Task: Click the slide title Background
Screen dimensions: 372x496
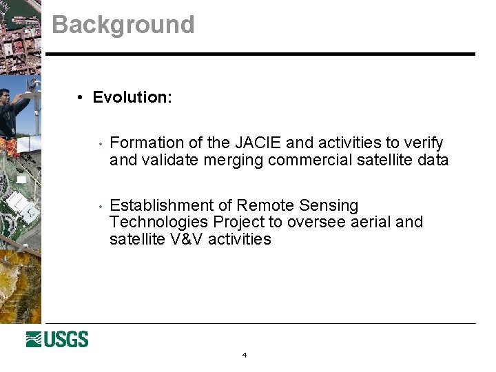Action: (x=123, y=25)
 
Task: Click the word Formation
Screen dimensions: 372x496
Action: (x=147, y=143)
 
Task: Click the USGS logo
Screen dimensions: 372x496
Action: (x=57, y=340)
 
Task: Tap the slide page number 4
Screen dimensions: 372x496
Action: (x=244, y=355)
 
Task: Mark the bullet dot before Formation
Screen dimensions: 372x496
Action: (x=101, y=144)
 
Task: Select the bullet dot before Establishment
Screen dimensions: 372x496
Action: (x=101, y=206)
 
